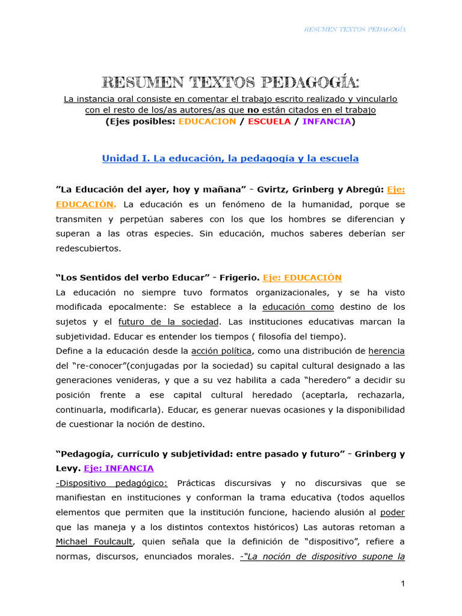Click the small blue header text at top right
pos(354,29)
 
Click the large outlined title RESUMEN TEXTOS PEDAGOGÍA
pos(230,82)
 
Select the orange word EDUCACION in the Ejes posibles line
pos(207,122)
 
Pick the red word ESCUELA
pos(269,122)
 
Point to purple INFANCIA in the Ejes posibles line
pos(327,122)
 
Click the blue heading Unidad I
pos(230,159)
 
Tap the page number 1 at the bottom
pos(403,584)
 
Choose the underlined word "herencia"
pos(386,351)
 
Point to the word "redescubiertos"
pos(88,248)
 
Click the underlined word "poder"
pos(393,513)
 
